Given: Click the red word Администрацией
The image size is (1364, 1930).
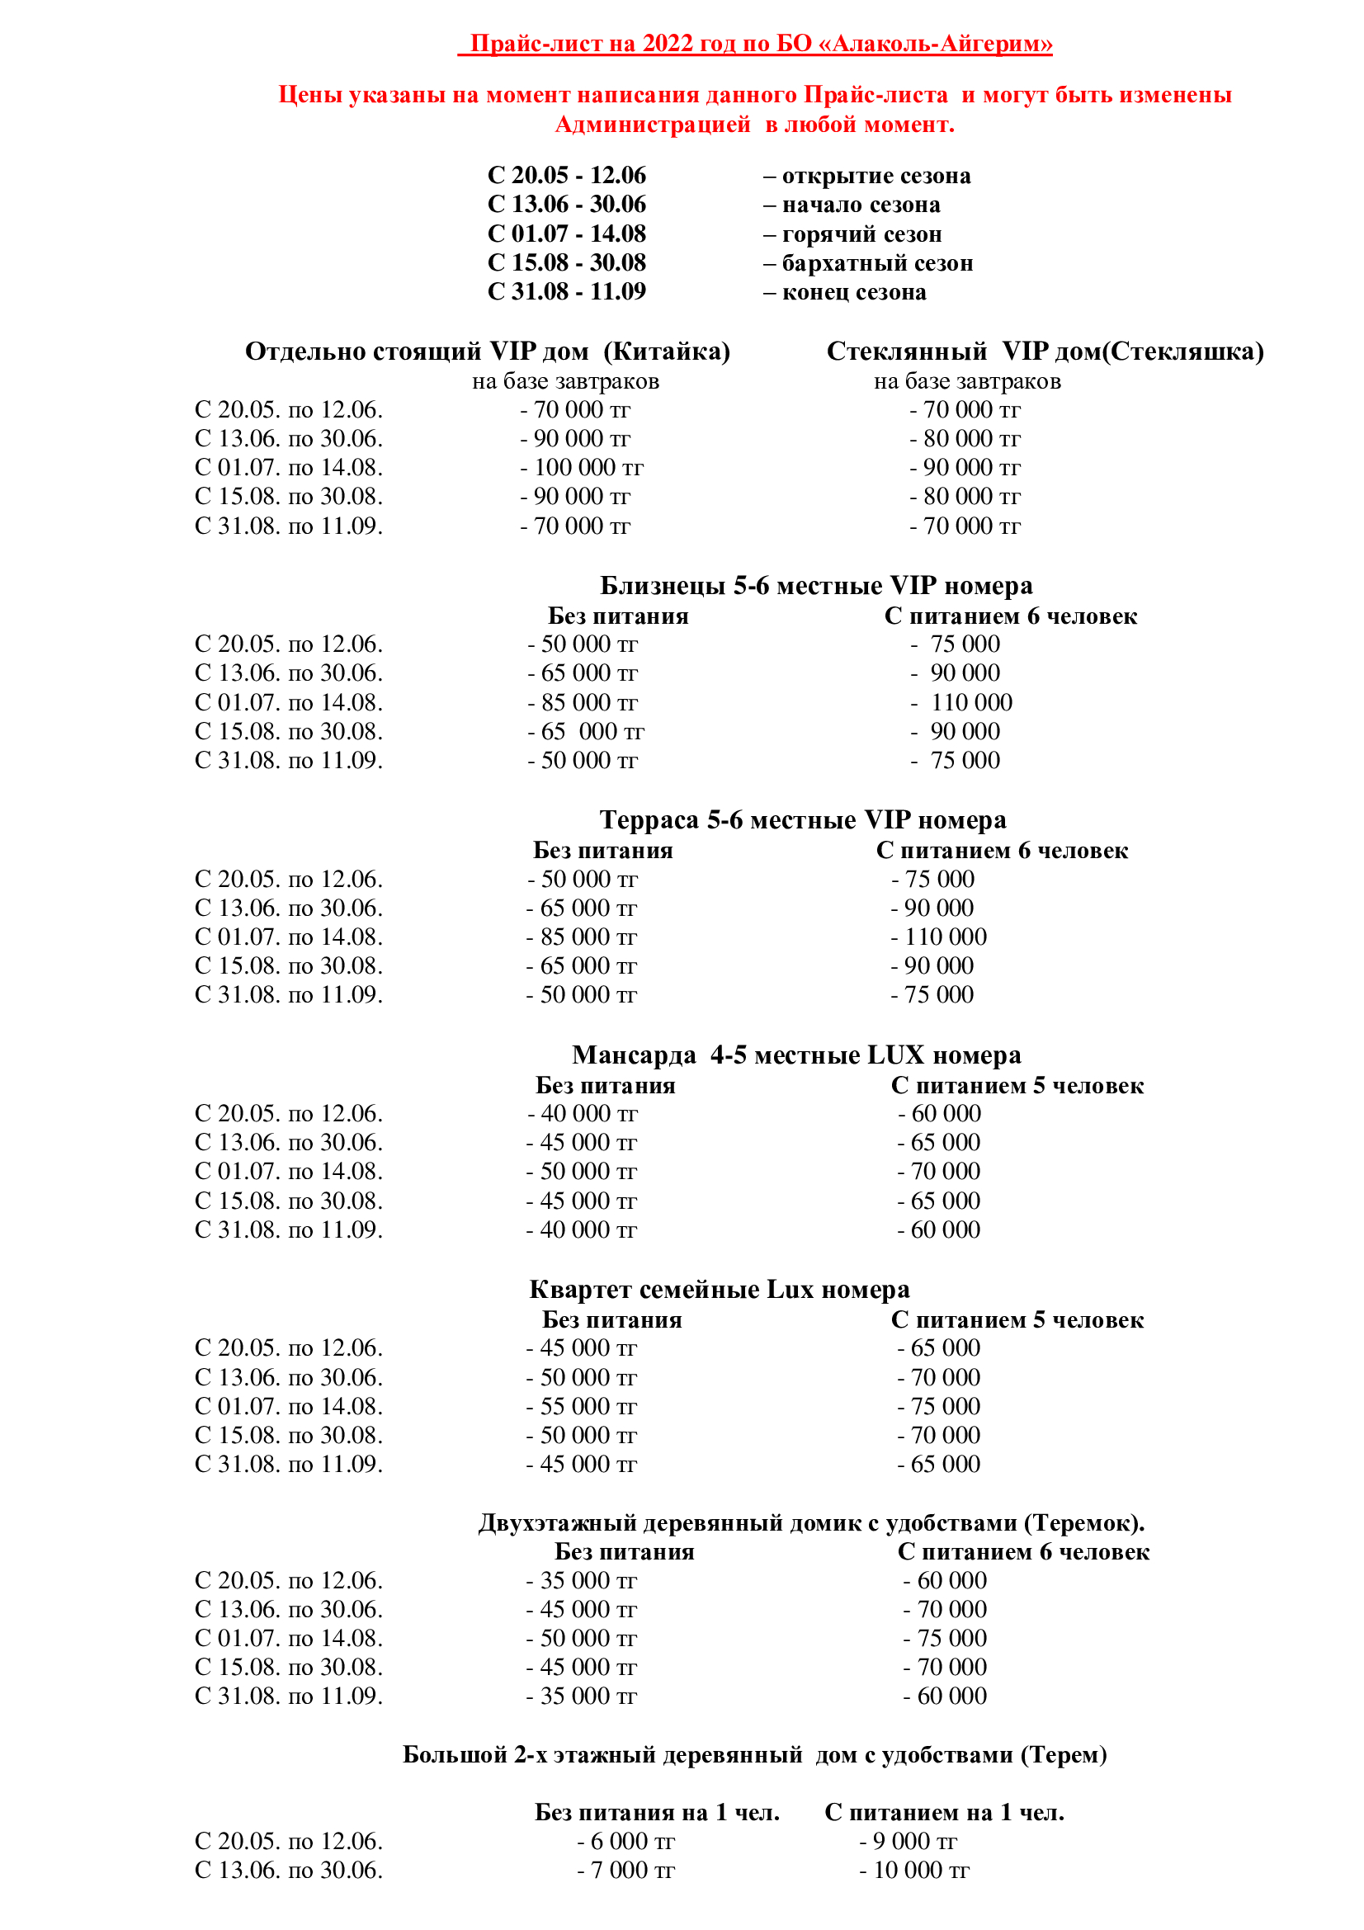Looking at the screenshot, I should coord(652,125).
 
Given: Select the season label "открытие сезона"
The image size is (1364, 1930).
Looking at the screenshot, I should coord(876,176).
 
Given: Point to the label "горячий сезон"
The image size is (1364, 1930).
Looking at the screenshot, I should coord(861,234).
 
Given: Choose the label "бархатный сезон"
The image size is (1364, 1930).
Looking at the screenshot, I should coord(877,263).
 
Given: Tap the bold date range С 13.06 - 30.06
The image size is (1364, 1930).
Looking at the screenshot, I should coord(566,205).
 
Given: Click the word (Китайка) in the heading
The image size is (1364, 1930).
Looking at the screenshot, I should coord(667,351).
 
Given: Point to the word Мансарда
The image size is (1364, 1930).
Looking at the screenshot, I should coord(634,1055).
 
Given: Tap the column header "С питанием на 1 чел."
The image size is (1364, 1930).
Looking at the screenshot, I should coord(944,1812).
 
